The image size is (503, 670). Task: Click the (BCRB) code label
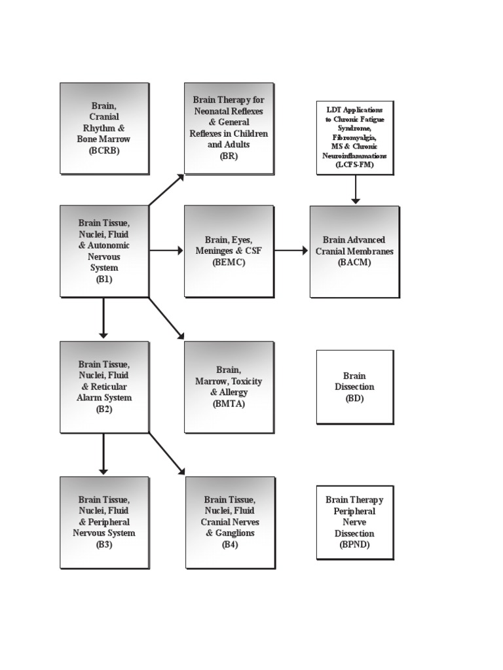104,150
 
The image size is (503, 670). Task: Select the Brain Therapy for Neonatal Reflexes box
229,128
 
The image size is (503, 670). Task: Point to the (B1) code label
104,279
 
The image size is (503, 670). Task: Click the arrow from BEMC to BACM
291,251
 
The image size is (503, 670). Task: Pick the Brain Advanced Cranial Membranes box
354,251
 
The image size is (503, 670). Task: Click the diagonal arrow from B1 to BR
166,189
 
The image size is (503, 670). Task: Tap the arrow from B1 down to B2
103,319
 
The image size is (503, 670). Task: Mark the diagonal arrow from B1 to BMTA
166,319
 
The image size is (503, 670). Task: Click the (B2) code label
104,409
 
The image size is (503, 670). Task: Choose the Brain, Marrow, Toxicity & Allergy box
229,387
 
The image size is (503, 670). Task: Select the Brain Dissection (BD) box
354,387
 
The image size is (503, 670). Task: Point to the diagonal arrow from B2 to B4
166,453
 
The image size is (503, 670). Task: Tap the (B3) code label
104,544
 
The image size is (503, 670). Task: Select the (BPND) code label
354,544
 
